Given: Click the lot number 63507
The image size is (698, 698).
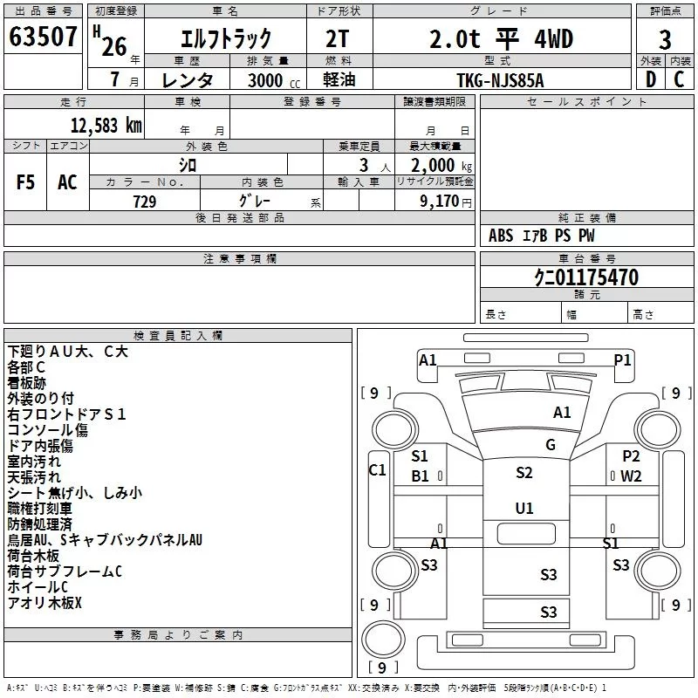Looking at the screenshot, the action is (x=43, y=36).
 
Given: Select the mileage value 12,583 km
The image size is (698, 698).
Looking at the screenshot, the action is (x=106, y=126).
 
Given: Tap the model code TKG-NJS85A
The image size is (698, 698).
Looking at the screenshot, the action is (x=500, y=80).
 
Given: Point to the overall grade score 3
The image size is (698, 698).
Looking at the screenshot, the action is (x=665, y=39).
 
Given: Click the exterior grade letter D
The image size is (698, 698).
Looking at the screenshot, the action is (x=651, y=79).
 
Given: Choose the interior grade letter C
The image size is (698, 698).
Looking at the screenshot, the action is (x=679, y=79).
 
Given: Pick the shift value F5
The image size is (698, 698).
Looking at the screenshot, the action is (x=25, y=182).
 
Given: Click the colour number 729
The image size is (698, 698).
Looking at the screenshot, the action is (x=144, y=202).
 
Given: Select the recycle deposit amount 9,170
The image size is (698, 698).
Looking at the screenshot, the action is (x=439, y=201).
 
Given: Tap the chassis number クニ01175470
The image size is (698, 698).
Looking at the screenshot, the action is (x=586, y=277).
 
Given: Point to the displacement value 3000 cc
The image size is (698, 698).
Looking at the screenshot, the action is (x=274, y=80).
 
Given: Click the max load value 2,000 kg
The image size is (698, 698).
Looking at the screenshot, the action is (x=441, y=166).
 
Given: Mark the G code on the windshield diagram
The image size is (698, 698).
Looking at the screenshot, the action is (x=551, y=444).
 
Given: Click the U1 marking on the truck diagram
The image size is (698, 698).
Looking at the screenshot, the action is (x=524, y=508).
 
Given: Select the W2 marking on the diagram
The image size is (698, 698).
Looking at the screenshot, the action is (x=631, y=476).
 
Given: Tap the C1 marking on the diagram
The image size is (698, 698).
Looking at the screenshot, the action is (x=378, y=469).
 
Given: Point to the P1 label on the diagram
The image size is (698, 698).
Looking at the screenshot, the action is (x=622, y=359).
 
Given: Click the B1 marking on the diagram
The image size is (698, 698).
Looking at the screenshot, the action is (x=420, y=476).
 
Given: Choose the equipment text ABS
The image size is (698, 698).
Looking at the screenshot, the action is (x=501, y=236).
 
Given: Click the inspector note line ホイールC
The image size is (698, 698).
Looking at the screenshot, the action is (x=38, y=587).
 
